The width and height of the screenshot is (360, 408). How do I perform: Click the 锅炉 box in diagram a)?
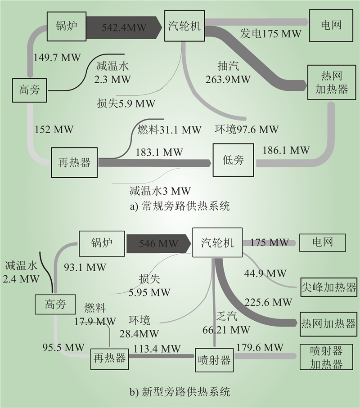point(66,26)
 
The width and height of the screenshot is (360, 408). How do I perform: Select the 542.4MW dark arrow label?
point(124,27)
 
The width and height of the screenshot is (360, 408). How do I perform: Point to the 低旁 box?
point(233,159)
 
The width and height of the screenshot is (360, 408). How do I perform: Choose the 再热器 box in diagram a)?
point(74,162)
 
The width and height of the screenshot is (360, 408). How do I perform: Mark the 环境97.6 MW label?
point(247,130)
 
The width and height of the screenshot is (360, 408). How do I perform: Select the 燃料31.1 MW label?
point(170,130)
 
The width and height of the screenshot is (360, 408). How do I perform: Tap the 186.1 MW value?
point(286,150)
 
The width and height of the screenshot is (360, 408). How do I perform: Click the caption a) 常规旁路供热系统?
point(180,206)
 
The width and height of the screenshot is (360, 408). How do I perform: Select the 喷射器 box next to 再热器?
point(214,360)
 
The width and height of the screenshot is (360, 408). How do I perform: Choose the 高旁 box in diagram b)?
point(55,305)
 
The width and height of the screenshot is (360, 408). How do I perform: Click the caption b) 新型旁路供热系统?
point(180,392)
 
